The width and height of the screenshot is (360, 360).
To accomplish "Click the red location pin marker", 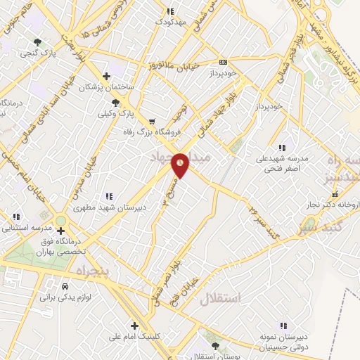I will [x=181, y=165].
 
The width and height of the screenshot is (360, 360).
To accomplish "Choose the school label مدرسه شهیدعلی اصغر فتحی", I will [x=282, y=164].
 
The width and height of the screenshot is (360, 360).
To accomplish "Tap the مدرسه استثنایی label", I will [x=30, y=228].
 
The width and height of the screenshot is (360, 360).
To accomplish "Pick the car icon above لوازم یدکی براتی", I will [x=65, y=288].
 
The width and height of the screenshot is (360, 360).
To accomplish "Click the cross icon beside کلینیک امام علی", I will [x=134, y=325].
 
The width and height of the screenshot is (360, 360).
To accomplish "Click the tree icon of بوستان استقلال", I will [x=215, y=345].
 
